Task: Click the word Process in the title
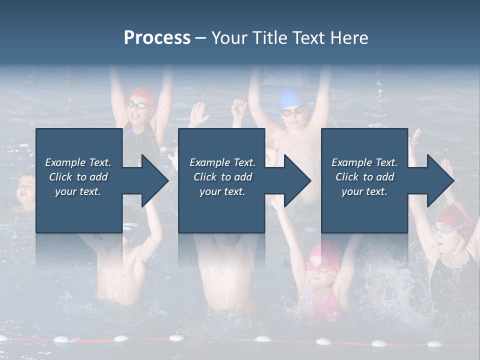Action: [x=157, y=38]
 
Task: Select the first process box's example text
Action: [x=78, y=177]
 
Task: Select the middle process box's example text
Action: [x=222, y=177]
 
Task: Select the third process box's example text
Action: [x=364, y=177]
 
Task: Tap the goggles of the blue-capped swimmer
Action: [x=291, y=111]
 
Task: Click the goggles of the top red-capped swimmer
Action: [x=139, y=105]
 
